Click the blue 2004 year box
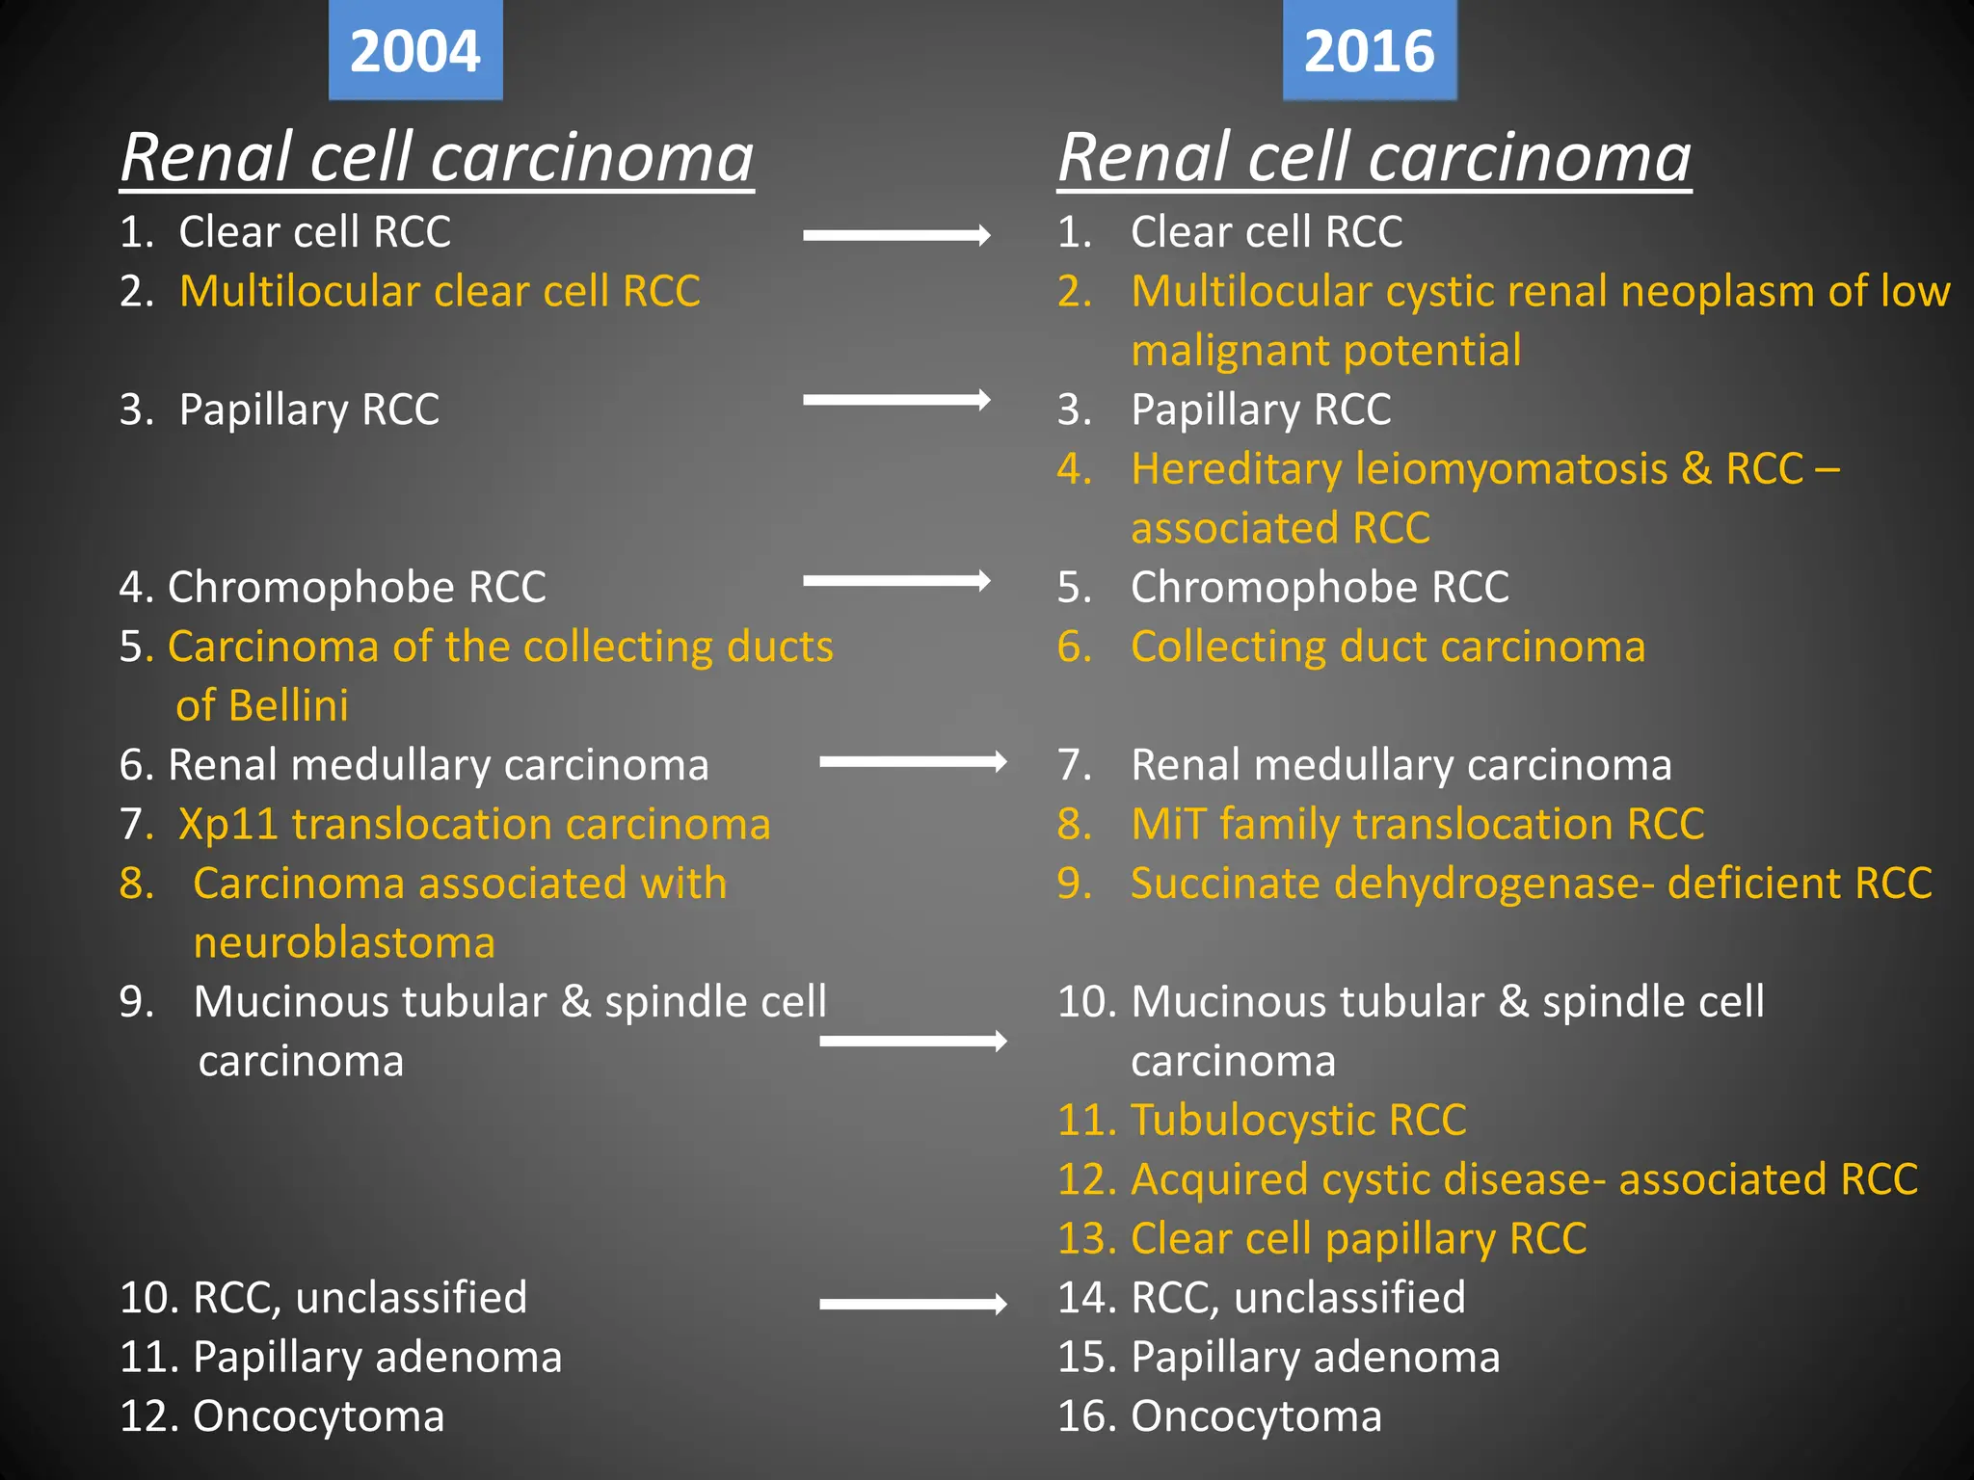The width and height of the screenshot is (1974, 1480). pyautogui.click(x=415, y=50)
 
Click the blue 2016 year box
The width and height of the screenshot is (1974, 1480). pyautogui.click(x=1369, y=50)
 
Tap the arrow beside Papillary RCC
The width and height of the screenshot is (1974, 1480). pyautogui.click(x=896, y=400)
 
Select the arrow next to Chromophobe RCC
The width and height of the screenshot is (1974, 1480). pyautogui.click(x=896, y=580)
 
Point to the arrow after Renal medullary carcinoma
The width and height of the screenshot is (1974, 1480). pyautogui.click(x=913, y=762)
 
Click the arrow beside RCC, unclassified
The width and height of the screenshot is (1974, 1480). pyautogui.click(x=913, y=1305)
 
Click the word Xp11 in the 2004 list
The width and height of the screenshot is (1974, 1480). pyautogui.click(x=228, y=825)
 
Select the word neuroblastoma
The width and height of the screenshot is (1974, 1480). pyautogui.click(x=344, y=943)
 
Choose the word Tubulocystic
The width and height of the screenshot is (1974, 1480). pyautogui.click(x=1250, y=1121)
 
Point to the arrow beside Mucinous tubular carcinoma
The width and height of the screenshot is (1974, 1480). pyautogui.click(x=913, y=1041)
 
